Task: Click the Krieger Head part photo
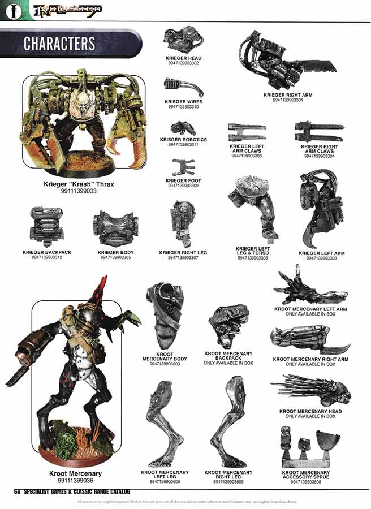point(184,40)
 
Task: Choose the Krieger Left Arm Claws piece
point(246,132)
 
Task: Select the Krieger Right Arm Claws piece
point(316,131)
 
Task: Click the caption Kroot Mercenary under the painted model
point(68,473)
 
